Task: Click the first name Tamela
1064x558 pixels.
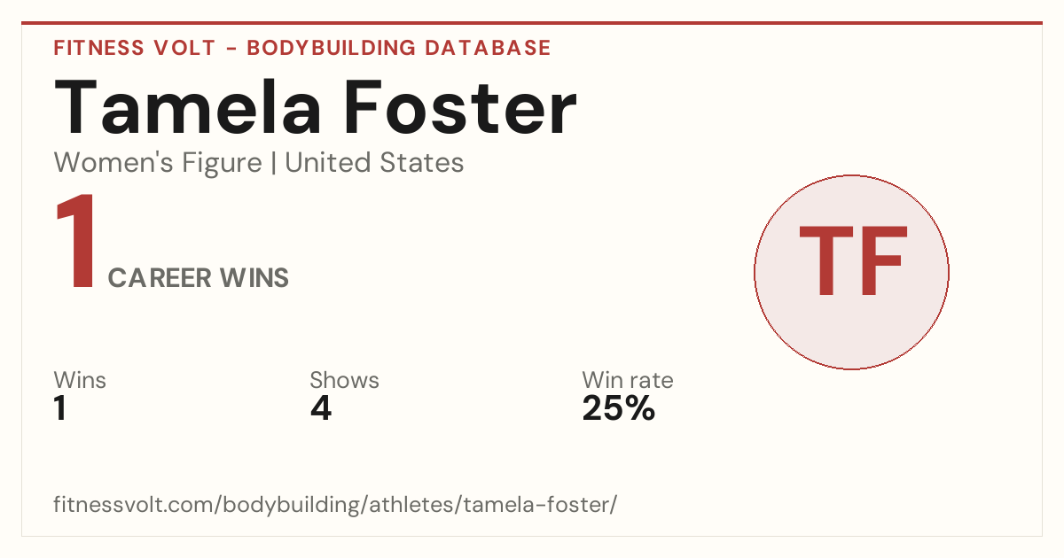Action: click(188, 108)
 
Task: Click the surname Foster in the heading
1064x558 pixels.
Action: click(460, 108)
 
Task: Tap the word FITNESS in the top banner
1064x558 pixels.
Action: click(98, 48)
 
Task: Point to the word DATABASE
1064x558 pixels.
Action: click(488, 48)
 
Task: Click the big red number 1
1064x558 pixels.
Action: click(76, 241)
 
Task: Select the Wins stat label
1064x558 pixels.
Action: click(80, 380)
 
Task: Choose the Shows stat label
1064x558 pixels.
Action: click(344, 380)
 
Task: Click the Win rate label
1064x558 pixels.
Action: click(628, 380)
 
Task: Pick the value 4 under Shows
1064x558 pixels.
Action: click(321, 408)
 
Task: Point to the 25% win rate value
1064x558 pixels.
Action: click(619, 408)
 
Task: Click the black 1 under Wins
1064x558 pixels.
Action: click(60, 408)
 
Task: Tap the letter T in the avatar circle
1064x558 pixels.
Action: click(826, 260)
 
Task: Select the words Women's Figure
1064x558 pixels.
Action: click(158, 163)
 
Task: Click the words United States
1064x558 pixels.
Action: click(374, 163)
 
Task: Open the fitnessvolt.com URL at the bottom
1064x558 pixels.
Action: click(335, 504)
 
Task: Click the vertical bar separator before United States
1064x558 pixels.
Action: click(274, 163)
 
